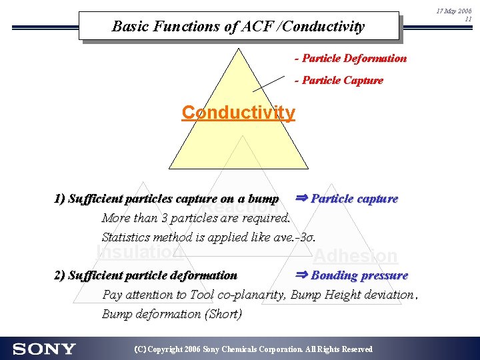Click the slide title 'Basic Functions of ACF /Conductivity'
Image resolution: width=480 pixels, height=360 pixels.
(x=238, y=27)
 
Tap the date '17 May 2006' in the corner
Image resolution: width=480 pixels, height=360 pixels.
(x=453, y=11)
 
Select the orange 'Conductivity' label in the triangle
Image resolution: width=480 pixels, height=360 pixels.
(x=238, y=113)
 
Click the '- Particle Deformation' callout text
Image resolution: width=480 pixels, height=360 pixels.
(x=351, y=58)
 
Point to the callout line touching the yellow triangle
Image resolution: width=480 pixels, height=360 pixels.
(x=269, y=83)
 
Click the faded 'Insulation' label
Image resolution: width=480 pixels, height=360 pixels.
(x=140, y=251)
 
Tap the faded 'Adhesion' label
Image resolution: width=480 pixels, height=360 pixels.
(x=355, y=256)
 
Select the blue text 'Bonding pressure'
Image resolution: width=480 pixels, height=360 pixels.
(x=359, y=275)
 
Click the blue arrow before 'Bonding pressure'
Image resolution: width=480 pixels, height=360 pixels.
(x=302, y=275)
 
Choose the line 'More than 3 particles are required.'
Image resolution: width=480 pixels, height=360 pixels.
(x=196, y=218)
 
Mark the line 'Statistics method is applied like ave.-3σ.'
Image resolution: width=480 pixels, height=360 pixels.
(x=208, y=237)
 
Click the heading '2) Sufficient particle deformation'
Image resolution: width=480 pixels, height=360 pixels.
(x=145, y=275)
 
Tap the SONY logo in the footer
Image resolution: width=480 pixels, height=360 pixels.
(x=44, y=349)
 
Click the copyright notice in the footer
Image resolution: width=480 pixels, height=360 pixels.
(x=253, y=349)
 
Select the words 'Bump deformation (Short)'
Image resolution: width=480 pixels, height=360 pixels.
(x=172, y=313)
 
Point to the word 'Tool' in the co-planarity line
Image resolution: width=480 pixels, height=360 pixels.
(x=201, y=295)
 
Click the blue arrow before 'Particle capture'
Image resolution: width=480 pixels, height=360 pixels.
(x=302, y=198)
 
